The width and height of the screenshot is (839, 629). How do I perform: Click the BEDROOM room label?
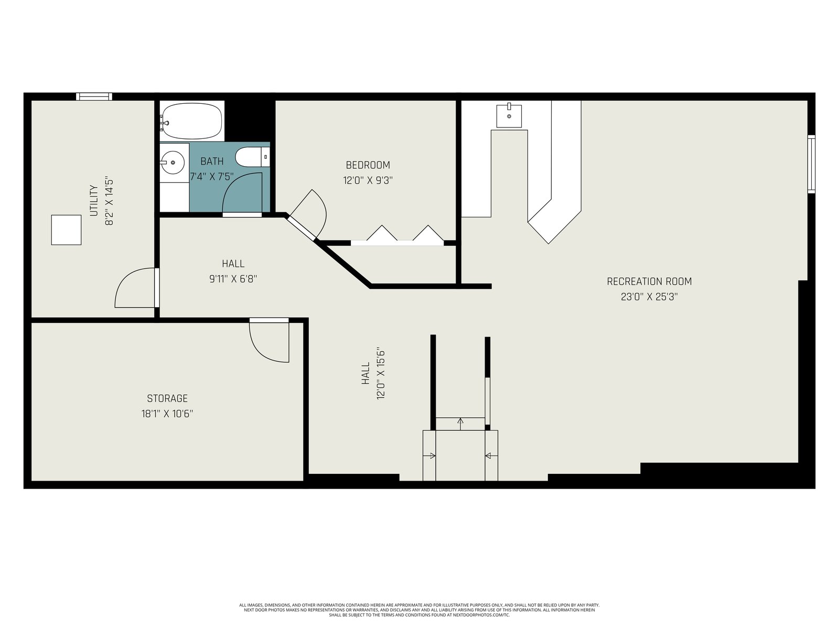pos(368,165)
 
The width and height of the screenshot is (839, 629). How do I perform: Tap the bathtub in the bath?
pos(191,121)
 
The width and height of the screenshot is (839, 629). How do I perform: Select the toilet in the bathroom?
pos(252,157)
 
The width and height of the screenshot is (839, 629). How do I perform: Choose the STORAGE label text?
pos(167,398)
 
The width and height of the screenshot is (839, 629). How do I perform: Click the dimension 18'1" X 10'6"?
pos(167,414)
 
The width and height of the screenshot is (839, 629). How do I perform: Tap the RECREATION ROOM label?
pos(649,281)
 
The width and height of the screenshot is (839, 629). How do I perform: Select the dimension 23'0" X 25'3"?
pos(649,297)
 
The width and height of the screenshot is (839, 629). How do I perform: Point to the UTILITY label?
pos(94,201)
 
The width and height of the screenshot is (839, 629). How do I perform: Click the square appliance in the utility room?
pos(66,230)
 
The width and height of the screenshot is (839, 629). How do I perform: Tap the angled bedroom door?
pos(301,227)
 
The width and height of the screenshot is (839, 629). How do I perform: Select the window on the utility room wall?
pos(94,96)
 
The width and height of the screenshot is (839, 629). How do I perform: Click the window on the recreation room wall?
pos(811,164)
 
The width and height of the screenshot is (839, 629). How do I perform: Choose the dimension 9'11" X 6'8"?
pos(233,279)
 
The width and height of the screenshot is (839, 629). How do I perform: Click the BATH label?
pos(212,161)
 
